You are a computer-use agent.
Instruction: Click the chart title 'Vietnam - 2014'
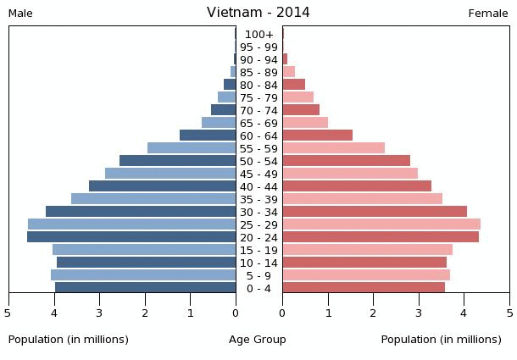(258, 13)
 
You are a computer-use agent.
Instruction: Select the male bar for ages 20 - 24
(131, 237)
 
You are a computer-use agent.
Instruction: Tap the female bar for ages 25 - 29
(381, 224)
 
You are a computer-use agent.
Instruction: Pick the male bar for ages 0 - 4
(146, 288)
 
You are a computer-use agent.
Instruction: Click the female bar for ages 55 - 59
(333, 148)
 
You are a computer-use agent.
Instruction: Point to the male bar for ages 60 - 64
(208, 136)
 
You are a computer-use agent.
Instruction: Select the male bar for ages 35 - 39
(153, 199)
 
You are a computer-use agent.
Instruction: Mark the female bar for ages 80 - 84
(293, 85)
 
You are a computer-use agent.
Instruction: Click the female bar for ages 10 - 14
(364, 263)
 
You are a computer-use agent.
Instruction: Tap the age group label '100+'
(258, 35)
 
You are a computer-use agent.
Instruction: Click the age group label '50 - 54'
(258, 161)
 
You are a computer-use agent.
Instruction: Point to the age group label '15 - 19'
(258, 250)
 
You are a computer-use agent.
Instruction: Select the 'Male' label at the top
(20, 14)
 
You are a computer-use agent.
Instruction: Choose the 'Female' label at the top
(488, 14)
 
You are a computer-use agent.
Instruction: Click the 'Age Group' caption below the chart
(258, 340)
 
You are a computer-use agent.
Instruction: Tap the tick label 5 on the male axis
(8, 313)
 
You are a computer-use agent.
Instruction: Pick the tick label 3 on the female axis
(419, 313)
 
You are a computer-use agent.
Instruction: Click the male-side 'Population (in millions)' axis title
(69, 340)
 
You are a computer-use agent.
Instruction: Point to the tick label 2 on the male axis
(145, 313)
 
